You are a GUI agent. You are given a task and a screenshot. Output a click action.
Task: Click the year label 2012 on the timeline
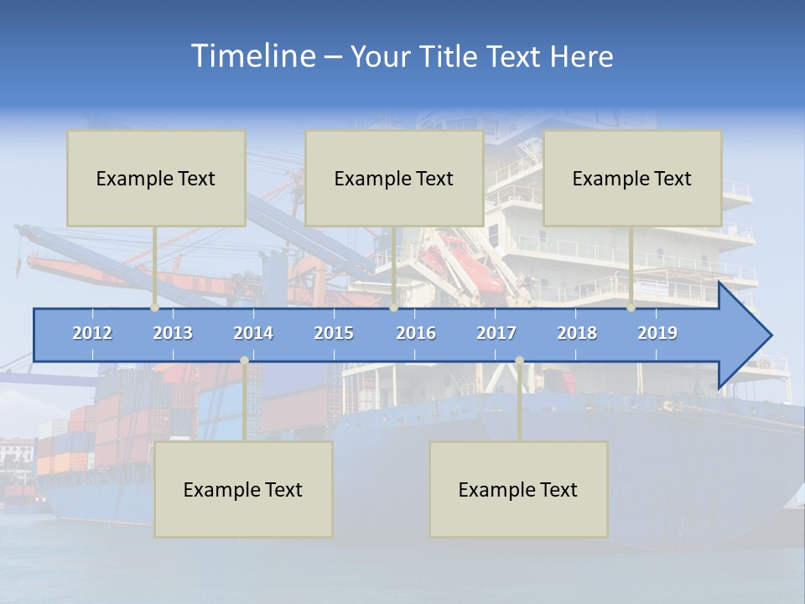pyautogui.click(x=92, y=333)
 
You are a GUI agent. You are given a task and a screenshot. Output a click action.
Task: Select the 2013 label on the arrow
pyautogui.click(x=173, y=333)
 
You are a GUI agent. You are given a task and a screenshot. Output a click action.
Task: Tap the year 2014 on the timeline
pyautogui.click(x=253, y=333)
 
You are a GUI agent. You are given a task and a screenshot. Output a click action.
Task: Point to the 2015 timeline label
pyautogui.click(x=334, y=333)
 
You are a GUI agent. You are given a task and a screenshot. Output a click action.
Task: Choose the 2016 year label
pyautogui.click(x=416, y=333)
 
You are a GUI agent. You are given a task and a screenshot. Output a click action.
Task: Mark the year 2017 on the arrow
pyautogui.click(x=496, y=333)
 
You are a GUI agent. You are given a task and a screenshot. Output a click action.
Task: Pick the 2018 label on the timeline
pyautogui.click(x=577, y=333)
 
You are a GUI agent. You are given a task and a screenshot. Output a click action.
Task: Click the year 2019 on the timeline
pyautogui.click(x=657, y=333)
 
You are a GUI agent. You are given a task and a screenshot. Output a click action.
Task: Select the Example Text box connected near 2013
pyautogui.click(x=156, y=178)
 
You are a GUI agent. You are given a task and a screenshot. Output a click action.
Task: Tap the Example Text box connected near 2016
pyautogui.click(x=394, y=178)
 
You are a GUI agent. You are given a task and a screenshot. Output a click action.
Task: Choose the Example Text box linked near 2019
pyautogui.click(x=632, y=178)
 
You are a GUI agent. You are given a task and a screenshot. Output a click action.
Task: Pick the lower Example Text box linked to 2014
pyautogui.click(x=243, y=489)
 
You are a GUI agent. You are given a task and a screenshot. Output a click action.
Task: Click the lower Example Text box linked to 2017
pyautogui.click(x=518, y=489)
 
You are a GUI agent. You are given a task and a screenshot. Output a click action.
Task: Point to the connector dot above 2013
pyautogui.click(x=155, y=308)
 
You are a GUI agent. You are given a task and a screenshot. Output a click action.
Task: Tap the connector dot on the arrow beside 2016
pyautogui.click(x=394, y=308)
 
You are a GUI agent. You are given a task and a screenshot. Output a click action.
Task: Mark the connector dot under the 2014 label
pyautogui.click(x=244, y=361)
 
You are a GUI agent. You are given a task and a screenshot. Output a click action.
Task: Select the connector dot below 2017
pyautogui.click(x=519, y=361)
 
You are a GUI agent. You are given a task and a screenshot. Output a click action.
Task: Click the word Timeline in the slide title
pyautogui.click(x=252, y=56)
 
